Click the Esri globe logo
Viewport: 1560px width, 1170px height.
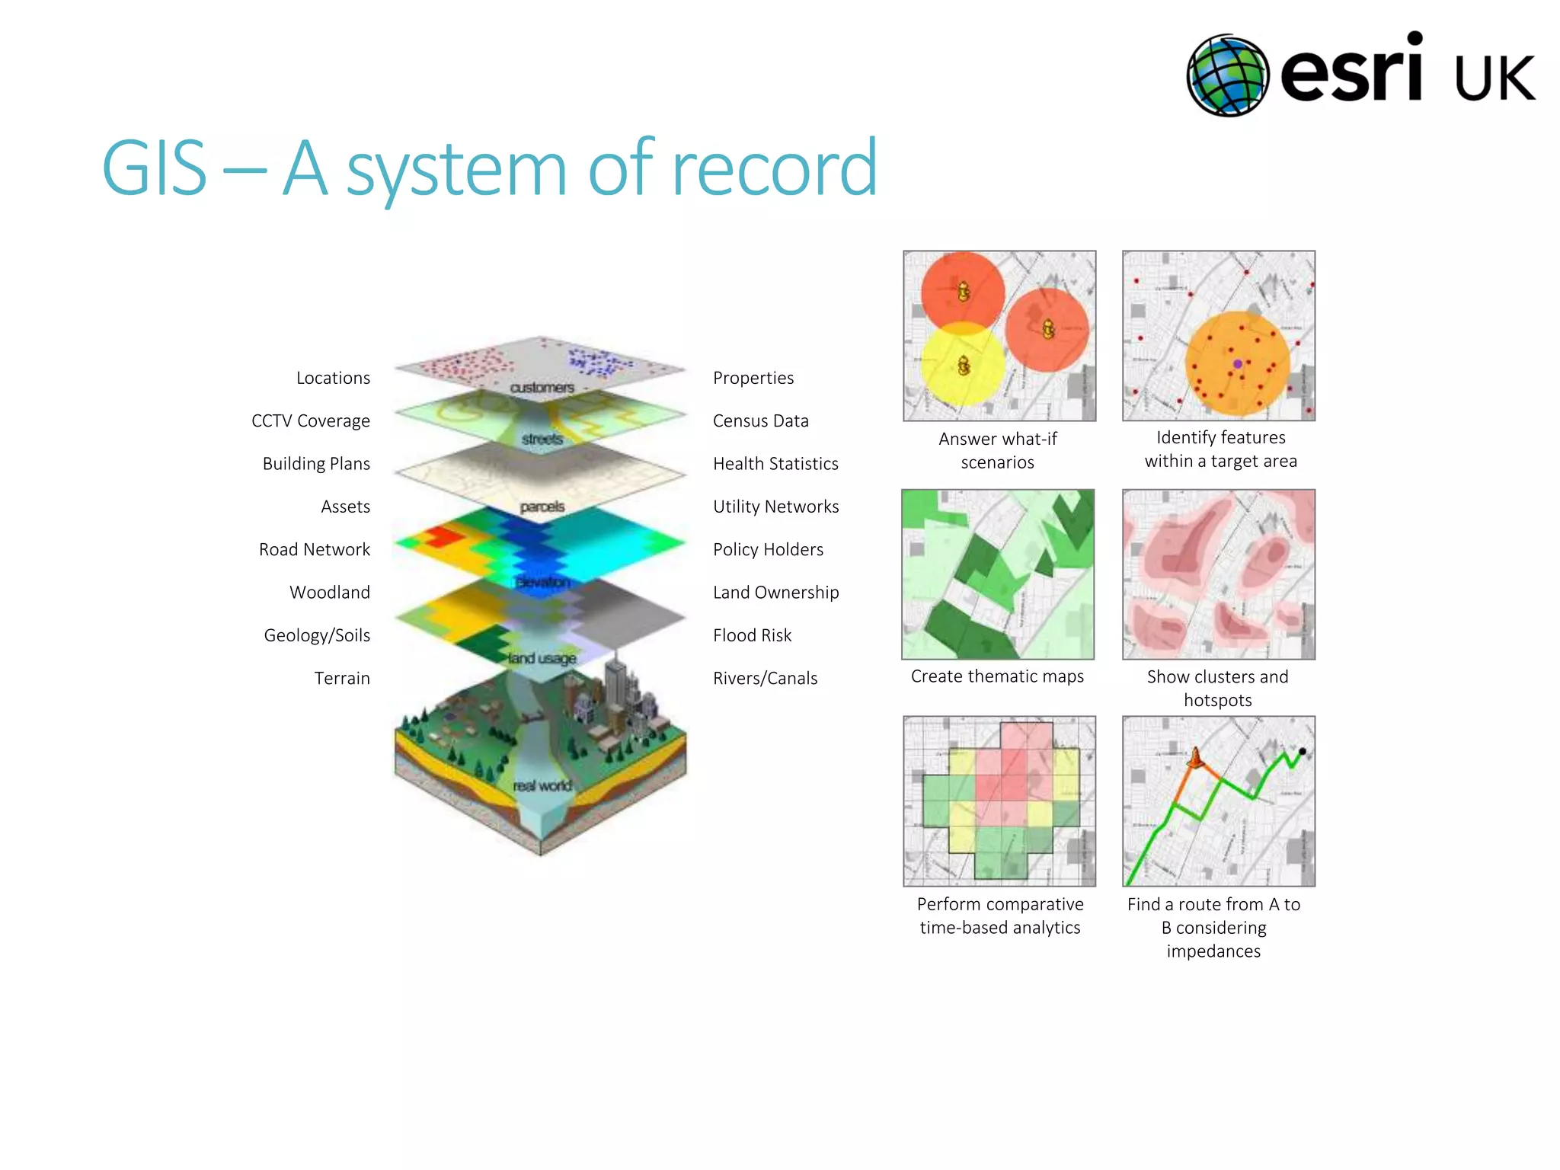1227,75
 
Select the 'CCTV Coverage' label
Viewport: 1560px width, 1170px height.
310,421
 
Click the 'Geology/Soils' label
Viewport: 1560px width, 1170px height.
317,635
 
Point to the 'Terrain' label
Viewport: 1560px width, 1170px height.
342,678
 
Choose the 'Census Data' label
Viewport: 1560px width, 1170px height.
760,421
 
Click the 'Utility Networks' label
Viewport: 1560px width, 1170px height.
775,507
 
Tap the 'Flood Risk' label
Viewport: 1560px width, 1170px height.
752,635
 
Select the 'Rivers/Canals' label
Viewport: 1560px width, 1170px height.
765,678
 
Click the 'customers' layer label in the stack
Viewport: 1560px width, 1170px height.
542,388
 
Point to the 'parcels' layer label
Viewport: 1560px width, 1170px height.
542,507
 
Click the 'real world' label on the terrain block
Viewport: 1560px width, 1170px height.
542,785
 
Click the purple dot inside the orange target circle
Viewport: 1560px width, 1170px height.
1238,364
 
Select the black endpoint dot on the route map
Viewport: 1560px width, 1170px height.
1303,752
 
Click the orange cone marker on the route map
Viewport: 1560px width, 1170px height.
1196,758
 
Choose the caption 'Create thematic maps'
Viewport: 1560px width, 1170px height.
997,676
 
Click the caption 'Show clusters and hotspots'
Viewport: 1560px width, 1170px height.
1217,688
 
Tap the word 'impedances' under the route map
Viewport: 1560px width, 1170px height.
1213,951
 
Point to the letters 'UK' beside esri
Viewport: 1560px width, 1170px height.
1494,78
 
